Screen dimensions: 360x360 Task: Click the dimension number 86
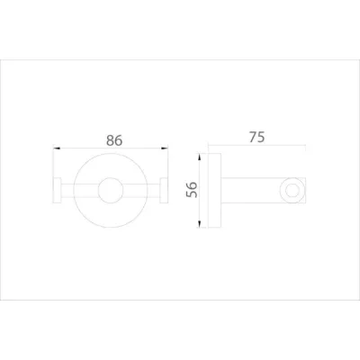pyautogui.click(x=114, y=140)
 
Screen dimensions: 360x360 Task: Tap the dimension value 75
pyautogui.click(x=256, y=137)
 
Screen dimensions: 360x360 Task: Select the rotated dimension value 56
pyautogui.click(x=192, y=190)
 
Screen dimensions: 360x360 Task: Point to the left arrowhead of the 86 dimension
pyautogui.click(x=57, y=148)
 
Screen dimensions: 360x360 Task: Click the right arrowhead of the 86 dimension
pyautogui.click(x=164, y=148)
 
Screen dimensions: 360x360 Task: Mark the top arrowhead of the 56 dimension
pyautogui.click(x=199, y=157)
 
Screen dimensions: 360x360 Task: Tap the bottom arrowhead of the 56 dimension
pyautogui.click(x=199, y=224)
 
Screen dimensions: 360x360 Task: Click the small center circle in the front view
pyautogui.click(x=111, y=190)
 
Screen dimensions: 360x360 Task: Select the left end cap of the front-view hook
pyautogui.click(x=57, y=191)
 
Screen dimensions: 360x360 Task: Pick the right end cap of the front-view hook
pyautogui.click(x=164, y=191)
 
